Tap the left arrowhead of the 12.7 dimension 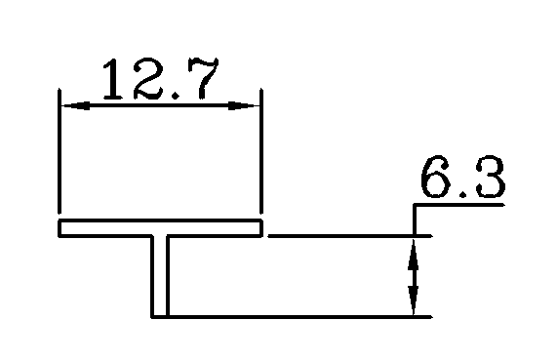tap(70, 104)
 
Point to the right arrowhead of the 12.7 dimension tap(251, 104)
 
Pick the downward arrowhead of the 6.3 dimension tap(416, 303)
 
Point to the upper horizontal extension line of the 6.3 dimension tap(341, 235)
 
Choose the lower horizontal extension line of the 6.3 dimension tap(293, 316)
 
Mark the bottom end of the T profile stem tap(160, 315)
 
